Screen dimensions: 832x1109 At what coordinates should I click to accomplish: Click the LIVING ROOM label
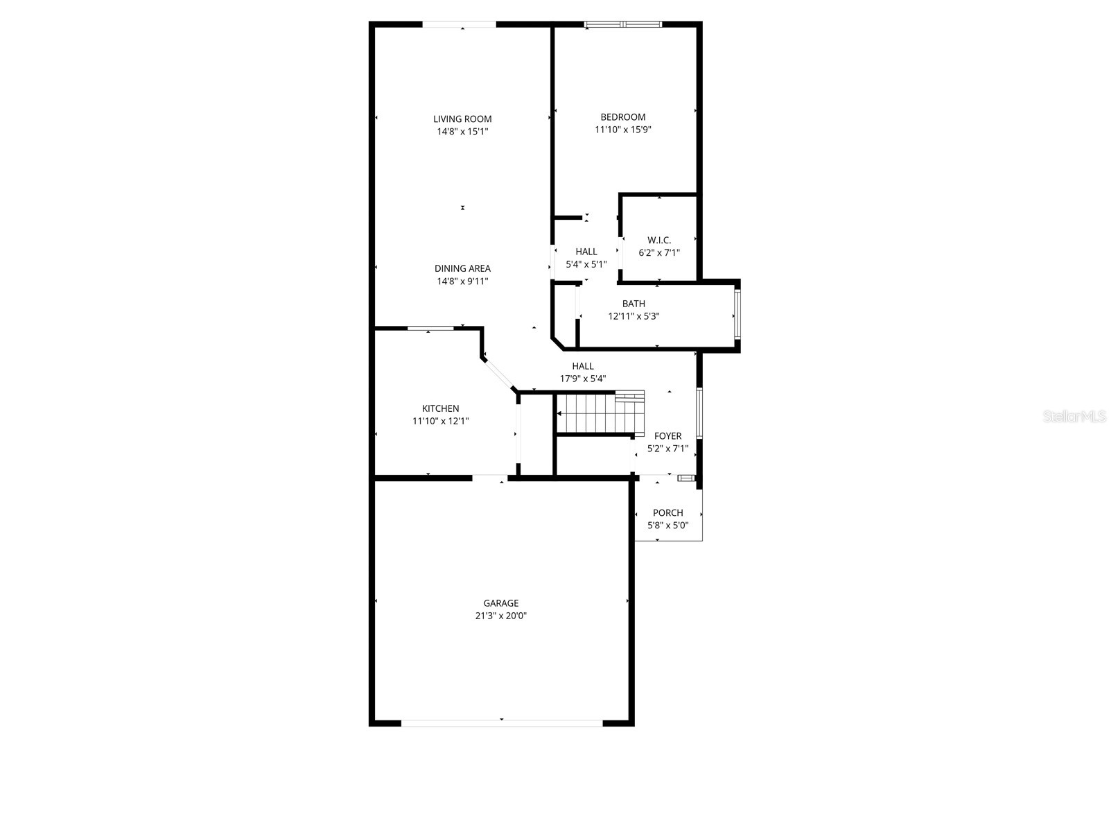[x=462, y=119]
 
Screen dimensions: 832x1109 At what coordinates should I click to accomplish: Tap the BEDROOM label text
[x=622, y=117]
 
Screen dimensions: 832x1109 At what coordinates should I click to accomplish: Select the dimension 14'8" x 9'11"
[x=462, y=281]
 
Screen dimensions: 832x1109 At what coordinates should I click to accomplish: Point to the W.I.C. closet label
[x=659, y=241]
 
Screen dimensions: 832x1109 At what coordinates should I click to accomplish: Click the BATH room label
[x=634, y=304]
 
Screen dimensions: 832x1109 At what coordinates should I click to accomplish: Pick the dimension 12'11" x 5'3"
[x=634, y=316]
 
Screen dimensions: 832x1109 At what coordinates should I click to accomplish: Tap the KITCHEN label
[x=440, y=408]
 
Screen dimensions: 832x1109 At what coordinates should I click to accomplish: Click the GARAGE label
[x=500, y=603]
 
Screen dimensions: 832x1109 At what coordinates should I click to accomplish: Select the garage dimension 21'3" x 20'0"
[x=500, y=616]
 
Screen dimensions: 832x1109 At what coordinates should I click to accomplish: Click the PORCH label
[x=667, y=513]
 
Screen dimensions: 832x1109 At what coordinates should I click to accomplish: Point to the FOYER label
[x=667, y=436]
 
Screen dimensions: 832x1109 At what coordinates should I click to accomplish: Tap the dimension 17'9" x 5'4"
[x=583, y=379]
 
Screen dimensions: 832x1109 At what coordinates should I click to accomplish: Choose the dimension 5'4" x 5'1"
[x=586, y=264]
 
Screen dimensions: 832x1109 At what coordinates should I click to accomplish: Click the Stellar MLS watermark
[x=1074, y=417]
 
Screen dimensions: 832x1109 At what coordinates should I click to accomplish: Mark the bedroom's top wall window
[x=623, y=25]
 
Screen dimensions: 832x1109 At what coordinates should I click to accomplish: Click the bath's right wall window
[x=737, y=315]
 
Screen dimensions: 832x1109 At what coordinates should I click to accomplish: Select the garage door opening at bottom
[x=502, y=722]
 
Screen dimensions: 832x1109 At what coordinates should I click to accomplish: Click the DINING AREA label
[x=462, y=269]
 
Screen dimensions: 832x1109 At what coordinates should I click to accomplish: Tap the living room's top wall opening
[x=460, y=25]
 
